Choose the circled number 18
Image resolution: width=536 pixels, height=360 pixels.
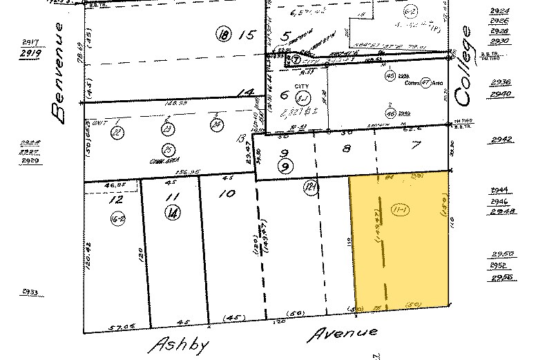coord(222,34)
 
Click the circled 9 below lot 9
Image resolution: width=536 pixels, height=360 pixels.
coord(283,166)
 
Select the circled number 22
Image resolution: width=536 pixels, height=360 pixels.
coord(118,132)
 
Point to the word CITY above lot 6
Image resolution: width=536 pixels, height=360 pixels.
coord(302,86)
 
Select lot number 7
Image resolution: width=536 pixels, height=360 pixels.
coord(415,146)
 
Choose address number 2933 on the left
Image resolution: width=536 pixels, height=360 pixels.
coord(30,292)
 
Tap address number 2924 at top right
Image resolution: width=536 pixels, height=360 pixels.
coord(499,13)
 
